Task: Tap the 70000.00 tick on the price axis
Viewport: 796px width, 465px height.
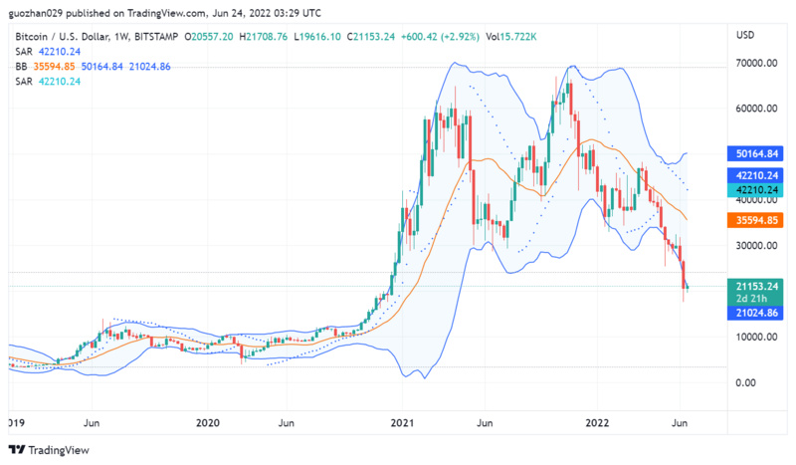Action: [x=755, y=63]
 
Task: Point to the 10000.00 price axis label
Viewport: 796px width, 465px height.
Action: [x=755, y=337]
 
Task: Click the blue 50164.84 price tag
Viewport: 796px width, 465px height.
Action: [x=756, y=154]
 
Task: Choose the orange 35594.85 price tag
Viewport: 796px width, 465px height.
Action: [x=756, y=219]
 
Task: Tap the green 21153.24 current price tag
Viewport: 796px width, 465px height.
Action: [x=756, y=285]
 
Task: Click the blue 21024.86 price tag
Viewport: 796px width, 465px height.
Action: [x=756, y=313]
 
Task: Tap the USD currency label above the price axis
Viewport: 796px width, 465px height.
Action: [x=745, y=35]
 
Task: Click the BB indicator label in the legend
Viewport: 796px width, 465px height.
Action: [x=21, y=65]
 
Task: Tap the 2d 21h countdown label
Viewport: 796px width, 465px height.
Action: [x=756, y=299]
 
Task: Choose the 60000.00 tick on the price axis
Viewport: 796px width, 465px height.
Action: [x=755, y=109]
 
